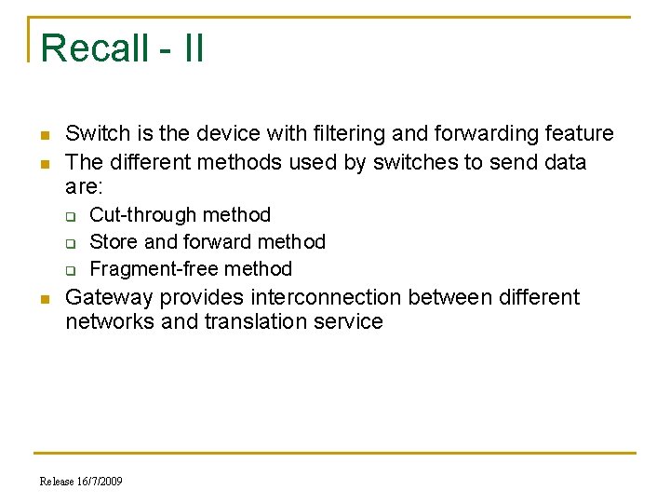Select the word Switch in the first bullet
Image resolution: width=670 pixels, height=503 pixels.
pyautogui.click(x=97, y=134)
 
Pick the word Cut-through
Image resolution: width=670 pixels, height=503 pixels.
pyautogui.click(x=143, y=215)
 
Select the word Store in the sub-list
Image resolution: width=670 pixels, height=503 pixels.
pyautogui.click(x=113, y=242)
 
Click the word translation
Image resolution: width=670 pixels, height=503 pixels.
pyautogui.click(x=257, y=322)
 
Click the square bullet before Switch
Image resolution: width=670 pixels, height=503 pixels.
pyautogui.click(x=43, y=136)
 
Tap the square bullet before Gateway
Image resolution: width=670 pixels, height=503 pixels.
pyautogui.click(x=43, y=300)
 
